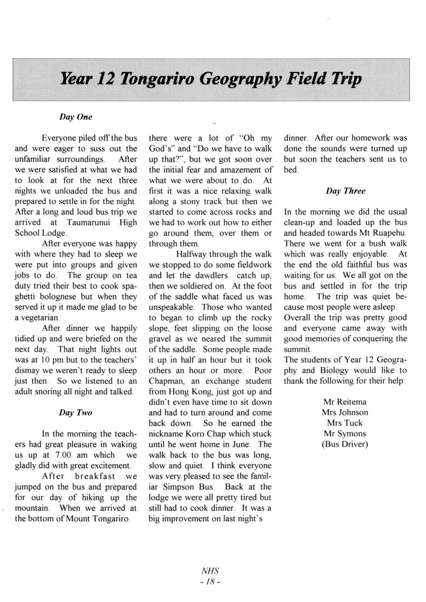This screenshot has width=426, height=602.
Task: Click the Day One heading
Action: (x=76, y=117)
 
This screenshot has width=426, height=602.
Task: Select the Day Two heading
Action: (x=76, y=413)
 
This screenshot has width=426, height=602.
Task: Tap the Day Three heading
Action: (x=345, y=191)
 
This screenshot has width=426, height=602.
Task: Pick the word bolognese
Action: (x=62, y=297)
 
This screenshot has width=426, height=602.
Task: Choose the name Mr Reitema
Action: (x=345, y=402)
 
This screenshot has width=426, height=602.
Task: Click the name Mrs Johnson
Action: (x=345, y=413)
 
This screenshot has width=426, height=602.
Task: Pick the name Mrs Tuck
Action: (x=345, y=423)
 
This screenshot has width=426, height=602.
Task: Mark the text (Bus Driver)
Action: (x=345, y=444)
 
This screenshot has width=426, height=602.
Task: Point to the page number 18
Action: (x=210, y=582)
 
